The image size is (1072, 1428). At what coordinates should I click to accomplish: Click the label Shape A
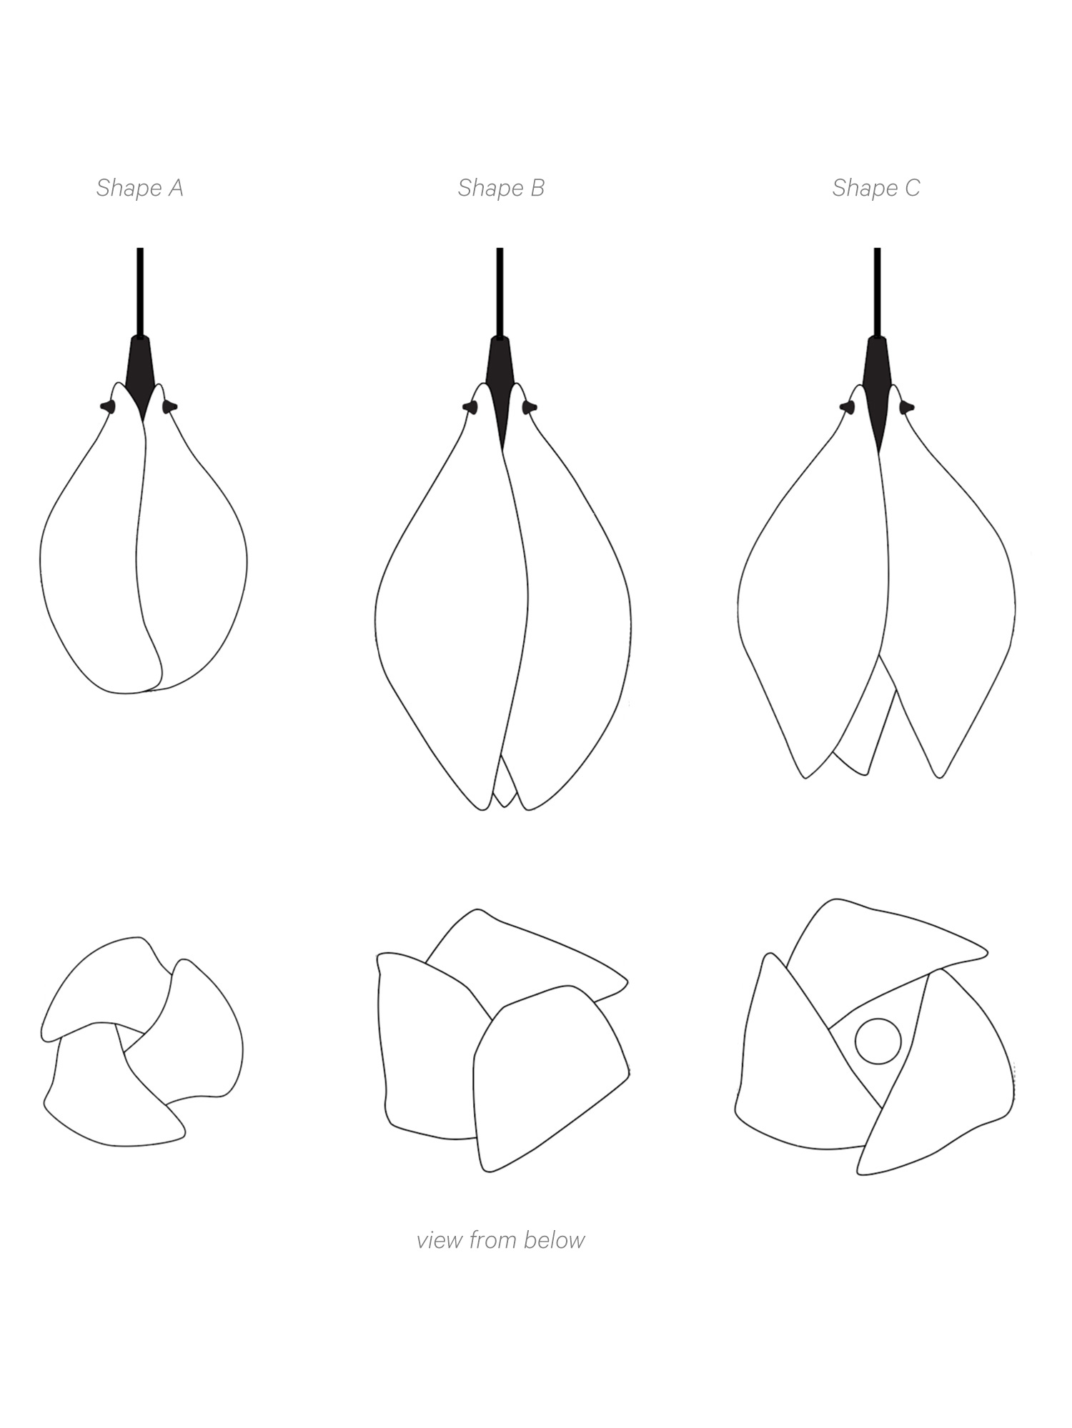[x=140, y=188]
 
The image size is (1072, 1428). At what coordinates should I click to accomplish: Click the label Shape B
[x=501, y=188]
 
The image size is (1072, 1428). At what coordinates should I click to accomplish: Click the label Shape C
[x=876, y=188]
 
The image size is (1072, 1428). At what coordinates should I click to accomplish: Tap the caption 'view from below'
[x=500, y=1239]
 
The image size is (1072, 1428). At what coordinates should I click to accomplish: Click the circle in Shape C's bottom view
[x=878, y=1041]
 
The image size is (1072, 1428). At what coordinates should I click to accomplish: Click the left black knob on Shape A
[x=108, y=406]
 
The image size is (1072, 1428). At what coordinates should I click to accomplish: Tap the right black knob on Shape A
[x=170, y=406]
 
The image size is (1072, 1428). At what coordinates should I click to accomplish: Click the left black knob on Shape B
[x=470, y=406]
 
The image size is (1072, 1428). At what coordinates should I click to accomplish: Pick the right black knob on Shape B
[x=529, y=406]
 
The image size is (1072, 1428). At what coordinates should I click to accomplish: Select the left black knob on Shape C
[x=848, y=407]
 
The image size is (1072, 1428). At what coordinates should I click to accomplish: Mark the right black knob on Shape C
[x=907, y=407]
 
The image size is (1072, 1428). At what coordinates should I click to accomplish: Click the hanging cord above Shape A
[x=140, y=292]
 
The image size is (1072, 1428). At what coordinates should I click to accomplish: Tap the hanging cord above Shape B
[x=500, y=292]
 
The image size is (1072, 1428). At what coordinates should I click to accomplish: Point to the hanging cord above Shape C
[x=878, y=292]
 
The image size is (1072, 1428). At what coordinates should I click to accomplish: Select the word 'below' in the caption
[x=554, y=1239]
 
